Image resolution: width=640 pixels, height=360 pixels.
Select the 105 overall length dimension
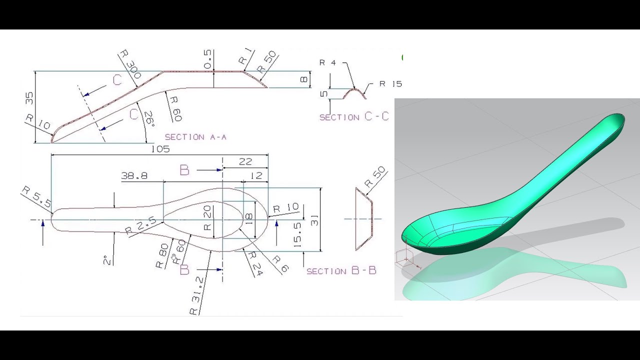tap(159, 149)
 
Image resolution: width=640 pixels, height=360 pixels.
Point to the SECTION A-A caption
tap(195, 137)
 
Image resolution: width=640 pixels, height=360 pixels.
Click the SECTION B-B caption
tap(341, 271)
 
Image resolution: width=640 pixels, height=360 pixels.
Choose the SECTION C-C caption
tap(354, 117)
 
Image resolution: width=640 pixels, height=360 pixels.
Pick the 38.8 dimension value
tap(134, 176)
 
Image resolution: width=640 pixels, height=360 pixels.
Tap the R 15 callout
tap(390, 83)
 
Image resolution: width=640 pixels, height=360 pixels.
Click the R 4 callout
tap(327, 63)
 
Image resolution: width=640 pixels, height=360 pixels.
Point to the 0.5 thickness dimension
tap(208, 59)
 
